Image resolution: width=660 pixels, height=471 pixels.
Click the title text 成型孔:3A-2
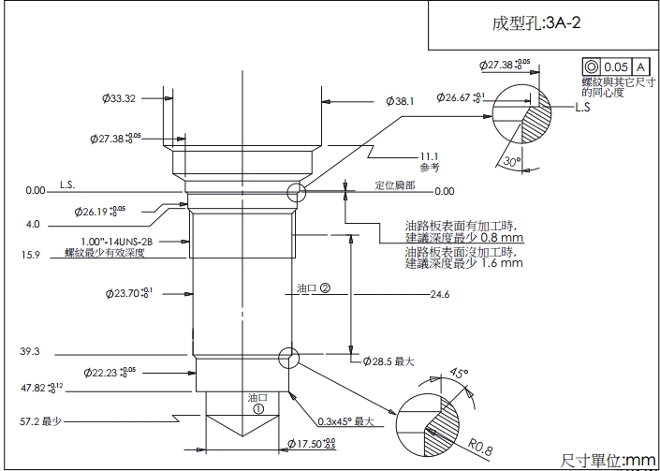click(536, 23)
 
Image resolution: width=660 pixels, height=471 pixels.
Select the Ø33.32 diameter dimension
click(120, 98)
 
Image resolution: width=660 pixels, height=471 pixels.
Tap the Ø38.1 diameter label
click(399, 100)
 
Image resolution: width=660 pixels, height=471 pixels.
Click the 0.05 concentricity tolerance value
click(615, 67)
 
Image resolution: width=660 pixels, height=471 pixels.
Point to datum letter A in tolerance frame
click(640, 67)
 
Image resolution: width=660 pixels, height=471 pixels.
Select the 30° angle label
click(511, 161)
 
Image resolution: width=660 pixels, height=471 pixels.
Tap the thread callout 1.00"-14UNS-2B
click(116, 242)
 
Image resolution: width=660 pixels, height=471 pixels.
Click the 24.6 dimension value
click(440, 295)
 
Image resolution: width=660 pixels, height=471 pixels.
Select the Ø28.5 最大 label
click(388, 361)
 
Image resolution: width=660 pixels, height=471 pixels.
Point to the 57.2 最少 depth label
click(40, 421)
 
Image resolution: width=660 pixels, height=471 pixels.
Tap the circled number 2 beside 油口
click(325, 288)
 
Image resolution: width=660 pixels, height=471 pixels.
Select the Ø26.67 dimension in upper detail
click(461, 97)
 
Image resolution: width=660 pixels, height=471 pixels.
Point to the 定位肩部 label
click(395, 184)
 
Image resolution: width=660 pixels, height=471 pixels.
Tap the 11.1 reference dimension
click(430, 156)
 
